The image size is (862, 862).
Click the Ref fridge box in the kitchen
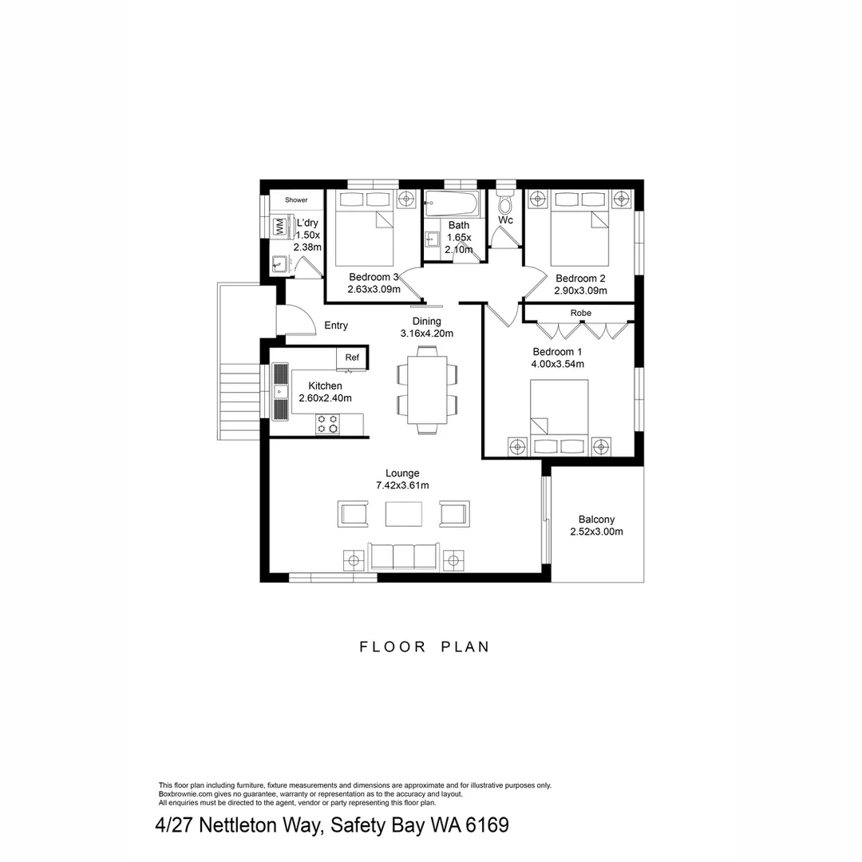[x=352, y=358]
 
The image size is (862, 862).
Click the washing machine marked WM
[x=280, y=226]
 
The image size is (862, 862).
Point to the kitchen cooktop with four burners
[x=326, y=424]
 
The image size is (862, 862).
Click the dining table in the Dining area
[x=427, y=390]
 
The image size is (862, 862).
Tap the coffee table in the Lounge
[x=403, y=513]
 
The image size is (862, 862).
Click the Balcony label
[x=596, y=520]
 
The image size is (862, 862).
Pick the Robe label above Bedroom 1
[x=580, y=313]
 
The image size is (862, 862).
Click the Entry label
[x=336, y=326]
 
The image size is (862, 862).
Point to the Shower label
[x=296, y=200]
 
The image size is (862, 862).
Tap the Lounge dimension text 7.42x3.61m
[x=402, y=485]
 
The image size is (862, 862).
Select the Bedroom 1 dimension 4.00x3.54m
[x=557, y=364]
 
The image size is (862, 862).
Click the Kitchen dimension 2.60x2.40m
[x=325, y=398]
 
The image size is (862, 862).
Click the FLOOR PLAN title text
[x=425, y=647]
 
